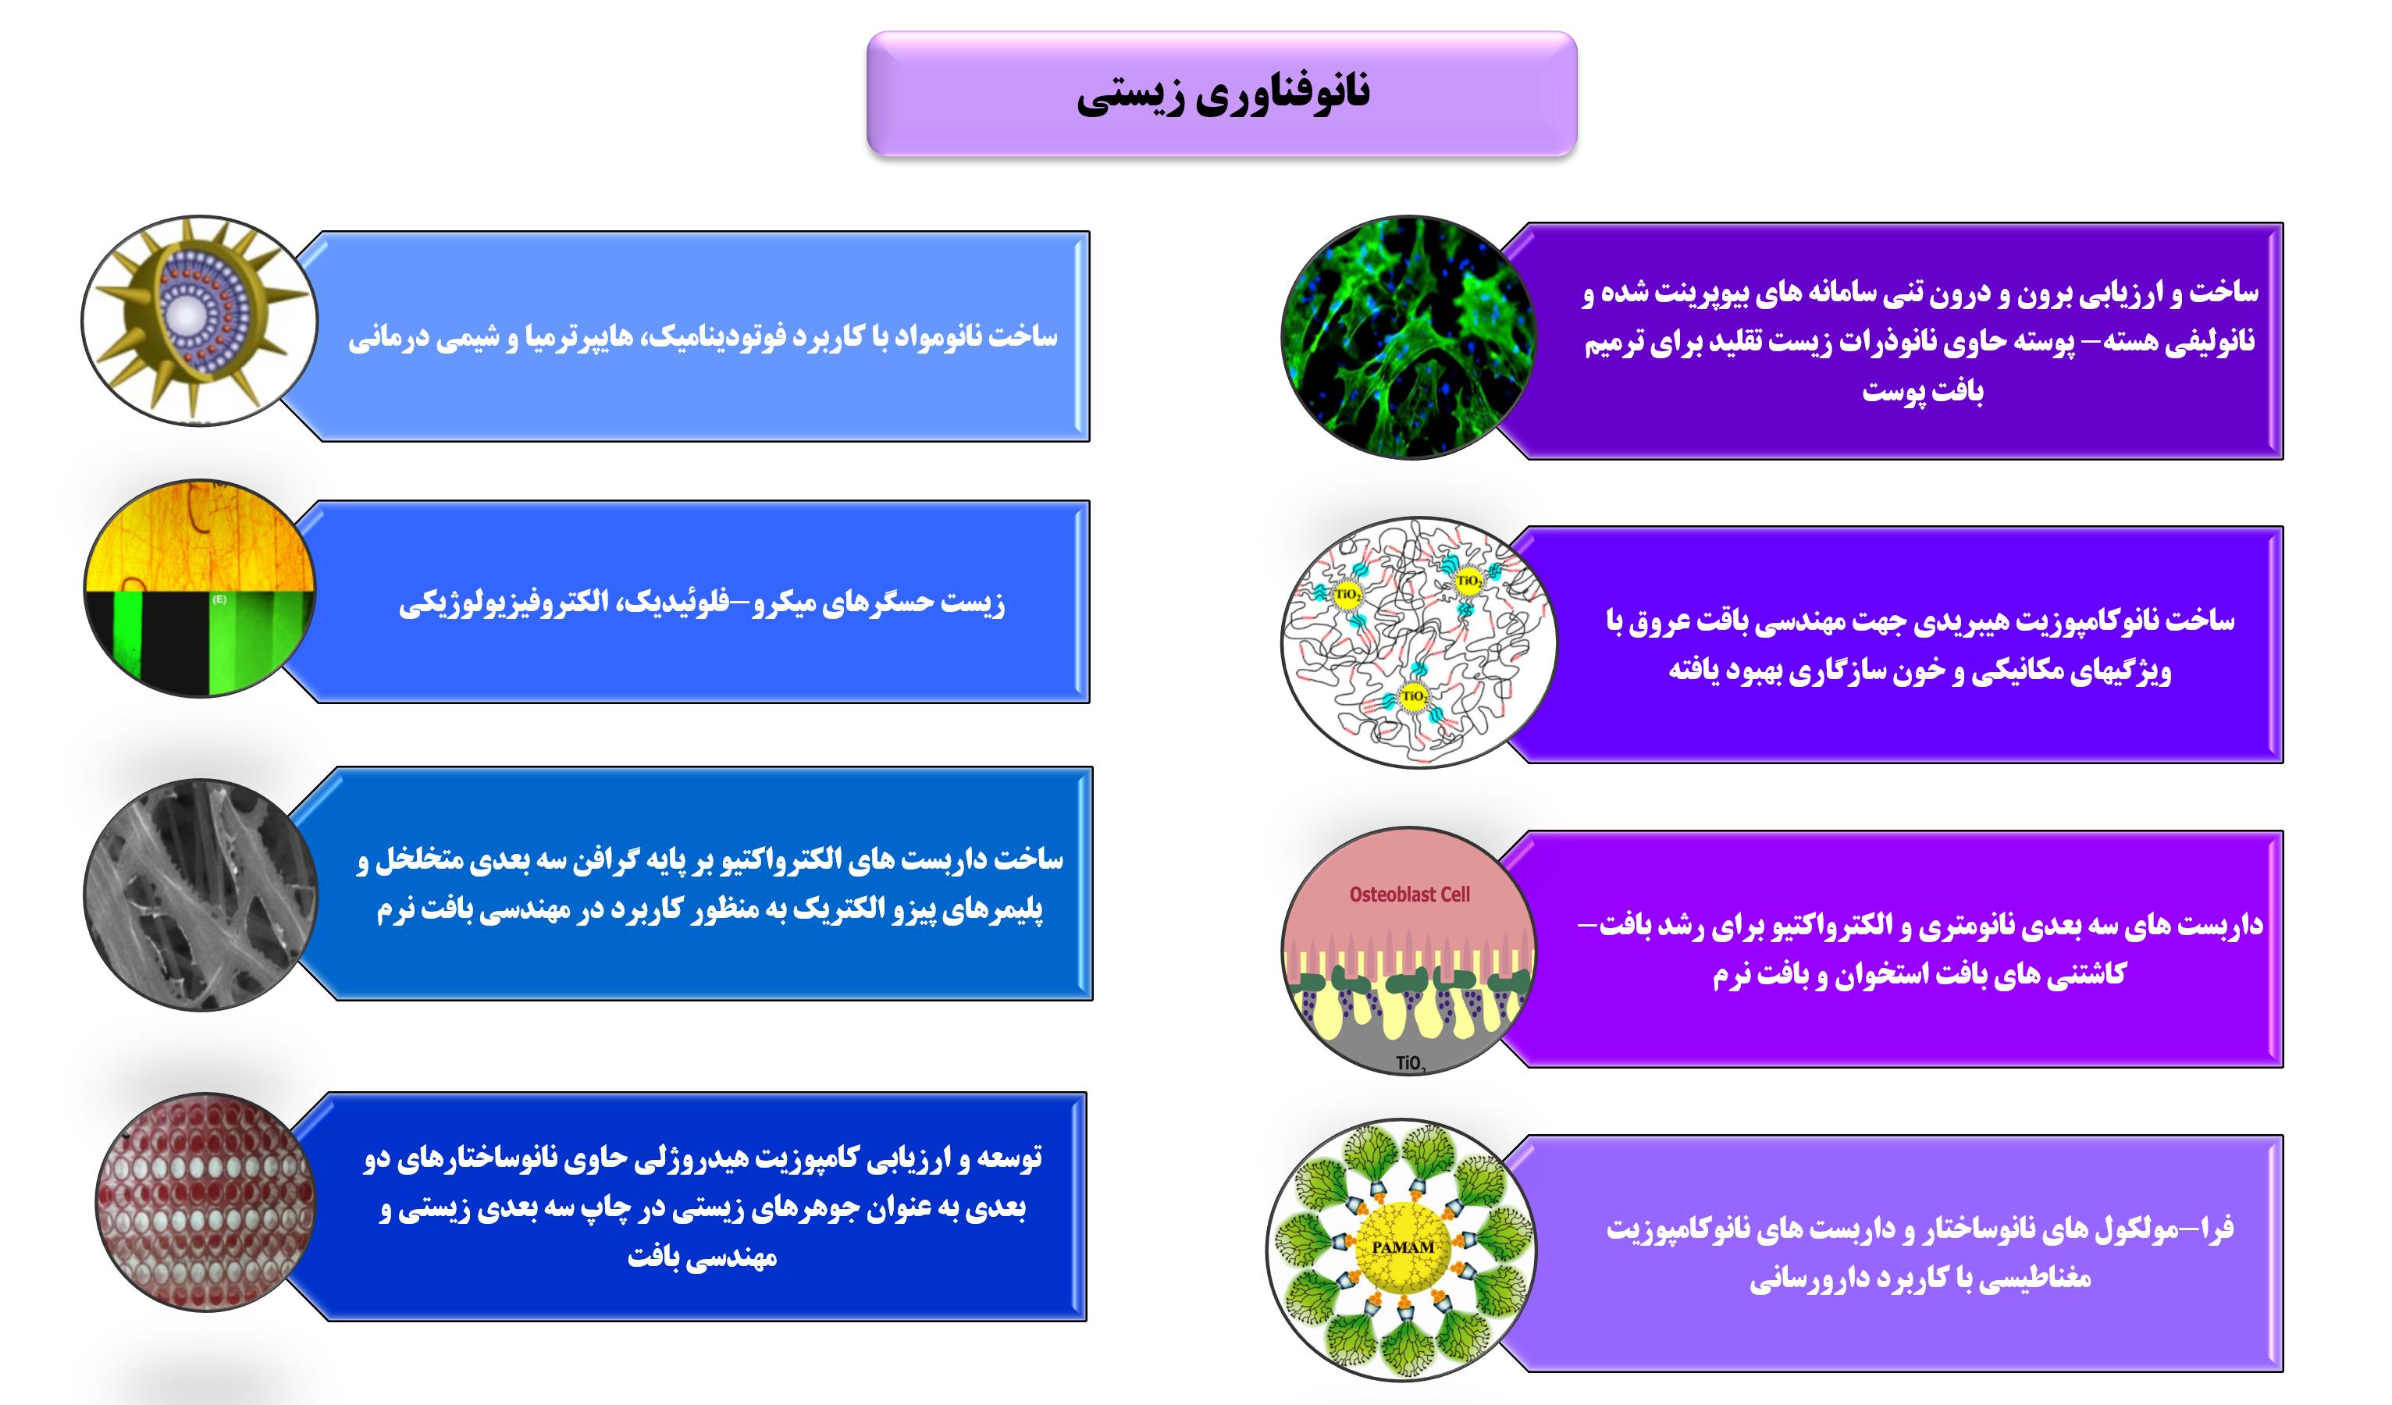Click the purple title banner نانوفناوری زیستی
point(1221,93)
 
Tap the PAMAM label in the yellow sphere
point(1403,1247)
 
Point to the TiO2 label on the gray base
point(1411,1063)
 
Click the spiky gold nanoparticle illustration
point(199,320)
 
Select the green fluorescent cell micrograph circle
point(1407,338)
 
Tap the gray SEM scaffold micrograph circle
point(199,895)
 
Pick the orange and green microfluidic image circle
point(199,589)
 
